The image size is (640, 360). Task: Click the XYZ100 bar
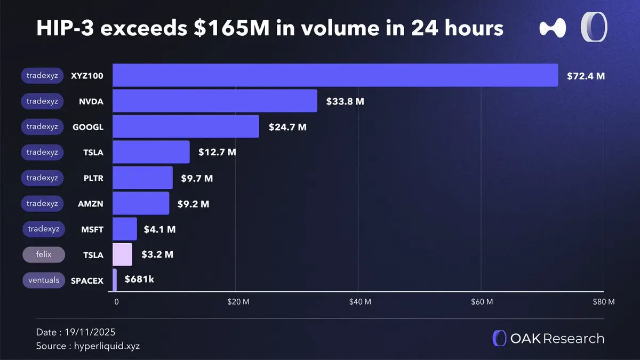point(335,75)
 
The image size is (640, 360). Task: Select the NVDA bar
point(215,101)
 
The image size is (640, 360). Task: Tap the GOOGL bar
point(186,126)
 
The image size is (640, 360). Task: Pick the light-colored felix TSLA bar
point(123,254)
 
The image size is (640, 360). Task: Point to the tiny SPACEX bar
point(115,280)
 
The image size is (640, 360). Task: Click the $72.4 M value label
point(585,76)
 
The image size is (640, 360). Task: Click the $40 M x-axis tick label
point(360,302)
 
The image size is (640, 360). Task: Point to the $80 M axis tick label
point(604,302)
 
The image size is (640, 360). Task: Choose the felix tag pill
point(43,254)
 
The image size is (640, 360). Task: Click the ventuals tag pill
point(44,280)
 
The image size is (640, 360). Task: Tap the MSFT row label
point(92,229)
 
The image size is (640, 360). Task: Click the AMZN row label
point(91,204)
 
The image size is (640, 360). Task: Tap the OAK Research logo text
point(557,339)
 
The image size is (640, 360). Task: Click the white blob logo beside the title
point(552,28)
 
